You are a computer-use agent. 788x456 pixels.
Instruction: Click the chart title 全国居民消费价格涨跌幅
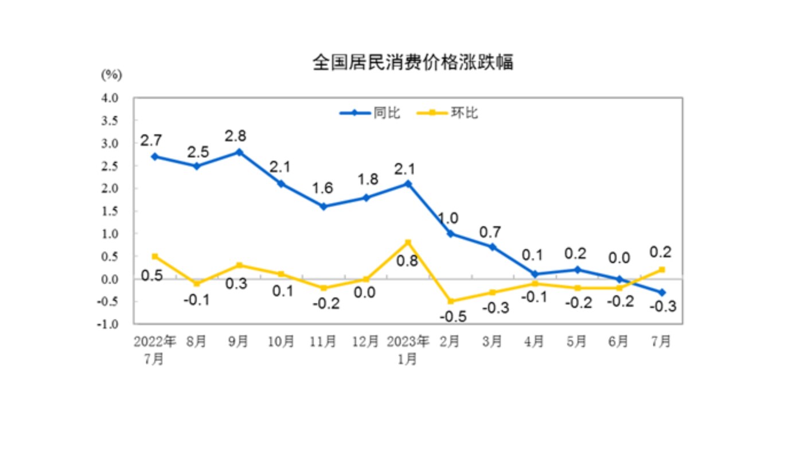click(x=412, y=62)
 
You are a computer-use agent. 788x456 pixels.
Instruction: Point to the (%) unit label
click(x=111, y=75)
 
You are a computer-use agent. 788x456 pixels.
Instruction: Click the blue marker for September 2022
click(x=239, y=152)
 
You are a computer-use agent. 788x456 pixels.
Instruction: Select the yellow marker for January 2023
click(x=408, y=242)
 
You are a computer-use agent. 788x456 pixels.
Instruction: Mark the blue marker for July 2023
click(x=662, y=292)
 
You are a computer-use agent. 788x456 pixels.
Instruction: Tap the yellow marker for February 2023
click(x=451, y=301)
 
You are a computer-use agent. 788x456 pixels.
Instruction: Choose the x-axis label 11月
click(x=323, y=342)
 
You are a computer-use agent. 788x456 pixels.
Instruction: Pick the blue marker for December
click(x=366, y=198)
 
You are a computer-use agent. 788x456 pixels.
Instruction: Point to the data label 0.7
click(x=490, y=233)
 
